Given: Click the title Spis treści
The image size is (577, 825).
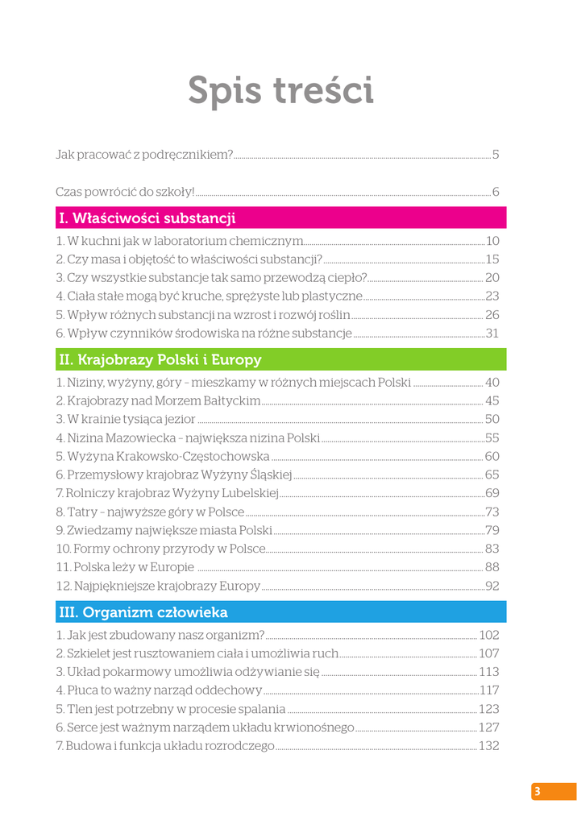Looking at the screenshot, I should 280,90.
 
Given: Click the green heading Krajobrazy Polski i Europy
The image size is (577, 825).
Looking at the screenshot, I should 160,359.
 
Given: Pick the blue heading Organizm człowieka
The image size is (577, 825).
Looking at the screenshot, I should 143,612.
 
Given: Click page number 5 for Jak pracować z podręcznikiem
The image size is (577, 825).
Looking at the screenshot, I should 496,154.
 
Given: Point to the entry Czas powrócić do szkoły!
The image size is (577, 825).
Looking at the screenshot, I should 125,192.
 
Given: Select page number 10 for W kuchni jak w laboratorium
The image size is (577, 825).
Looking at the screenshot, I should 492,240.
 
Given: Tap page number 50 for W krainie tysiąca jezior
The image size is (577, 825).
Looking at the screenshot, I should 492,419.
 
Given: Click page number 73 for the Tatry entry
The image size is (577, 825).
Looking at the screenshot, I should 492,512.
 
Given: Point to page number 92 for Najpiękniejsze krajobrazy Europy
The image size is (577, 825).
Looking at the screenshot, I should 492,586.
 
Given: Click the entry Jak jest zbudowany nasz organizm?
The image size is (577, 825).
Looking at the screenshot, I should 160,635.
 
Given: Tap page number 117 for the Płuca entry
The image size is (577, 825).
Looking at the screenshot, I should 489,690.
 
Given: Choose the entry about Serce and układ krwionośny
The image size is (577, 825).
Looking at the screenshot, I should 205,728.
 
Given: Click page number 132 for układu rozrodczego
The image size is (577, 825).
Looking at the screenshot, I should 489,746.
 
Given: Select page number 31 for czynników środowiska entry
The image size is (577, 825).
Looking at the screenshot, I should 492,333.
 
